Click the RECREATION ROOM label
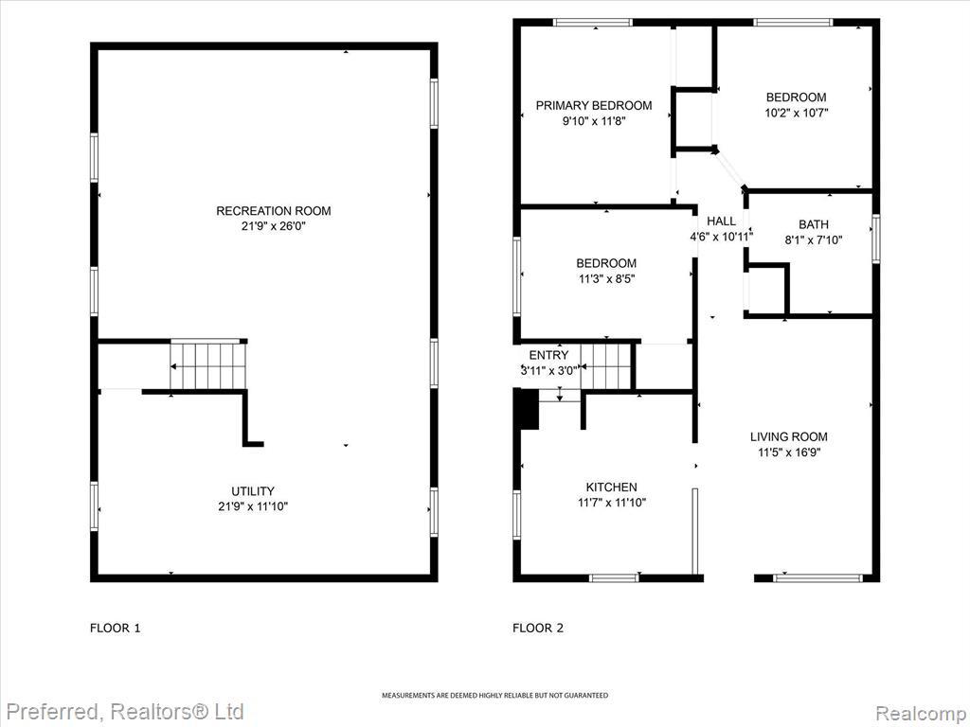coord(274,211)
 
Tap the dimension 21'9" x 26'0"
coord(274,226)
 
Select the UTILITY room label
coord(253,491)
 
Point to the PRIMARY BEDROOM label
coord(594,106)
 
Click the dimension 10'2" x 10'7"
coord(796,113)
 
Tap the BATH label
coord(814,224)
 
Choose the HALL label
coord(721,222)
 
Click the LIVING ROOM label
coord(789,437)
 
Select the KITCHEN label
coord(612,488)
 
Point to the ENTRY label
coord(548,356)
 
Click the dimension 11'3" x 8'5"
coord(607,279)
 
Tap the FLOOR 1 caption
coord(115,629)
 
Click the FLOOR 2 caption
coord(538,629)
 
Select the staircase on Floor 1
coord(208,366)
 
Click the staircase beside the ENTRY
coord(605,366)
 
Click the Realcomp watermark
coord(922,713)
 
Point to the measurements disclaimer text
coord(494,696)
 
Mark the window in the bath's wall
coord(876,239)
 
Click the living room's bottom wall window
coord(817,578)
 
